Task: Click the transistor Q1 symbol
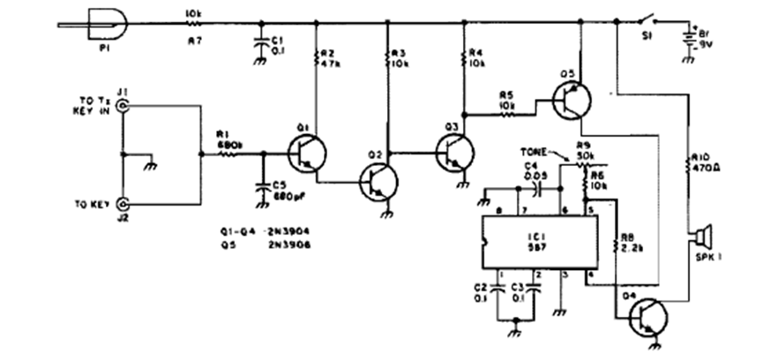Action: coord(308,154)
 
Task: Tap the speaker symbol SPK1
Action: coord(701,237)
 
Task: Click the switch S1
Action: coord(649,20)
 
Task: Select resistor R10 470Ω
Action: coord(690,161)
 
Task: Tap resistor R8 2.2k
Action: coord(614,241)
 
